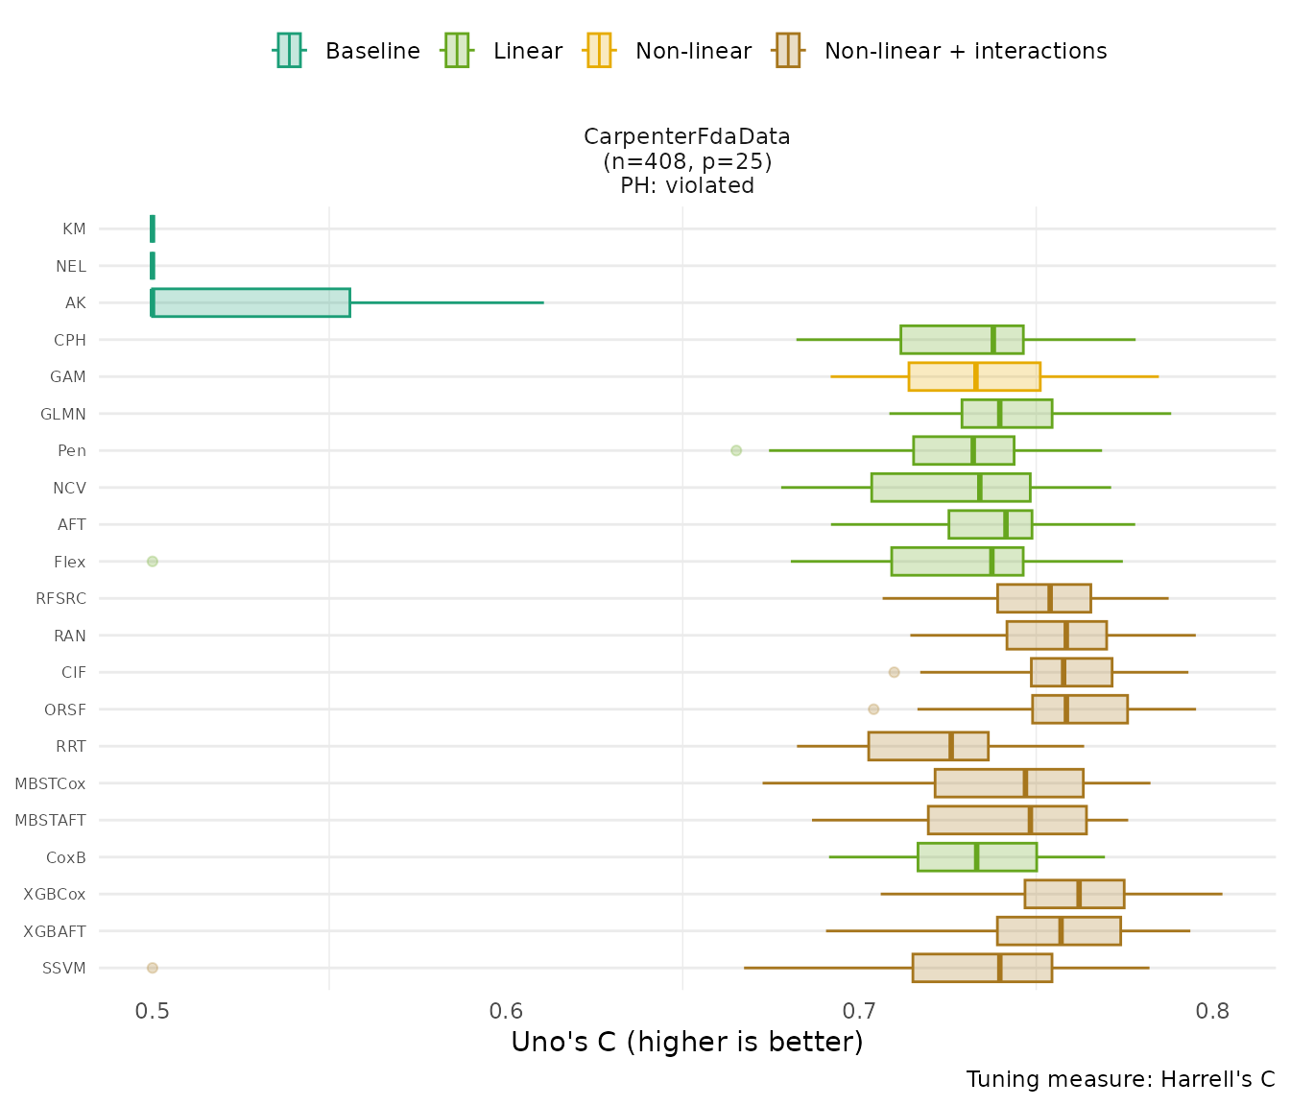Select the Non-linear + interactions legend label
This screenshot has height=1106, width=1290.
[965, 51]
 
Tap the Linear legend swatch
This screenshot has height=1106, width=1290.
[456, 50]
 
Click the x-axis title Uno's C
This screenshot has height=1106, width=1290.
[686, 1042]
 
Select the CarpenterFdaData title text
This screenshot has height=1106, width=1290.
[686, 137]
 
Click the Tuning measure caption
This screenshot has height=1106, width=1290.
[1120, 1079]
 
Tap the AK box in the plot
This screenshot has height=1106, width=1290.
[251, 302]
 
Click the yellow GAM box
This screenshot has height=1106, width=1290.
[974, 376]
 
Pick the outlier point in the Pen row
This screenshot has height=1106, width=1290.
[736, 450]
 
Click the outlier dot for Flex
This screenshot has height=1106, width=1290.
[153, 562]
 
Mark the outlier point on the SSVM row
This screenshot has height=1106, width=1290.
[153, 968]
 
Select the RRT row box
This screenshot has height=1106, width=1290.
[928, 746]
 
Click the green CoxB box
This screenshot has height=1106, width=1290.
[977, 857]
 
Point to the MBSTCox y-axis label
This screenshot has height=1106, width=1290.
[50, 783]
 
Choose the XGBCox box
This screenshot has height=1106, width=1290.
[1074, 894]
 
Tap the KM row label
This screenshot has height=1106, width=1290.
[74, 228]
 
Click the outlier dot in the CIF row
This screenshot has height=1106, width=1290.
[895, 672]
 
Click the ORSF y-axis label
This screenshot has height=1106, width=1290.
[65, 709]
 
